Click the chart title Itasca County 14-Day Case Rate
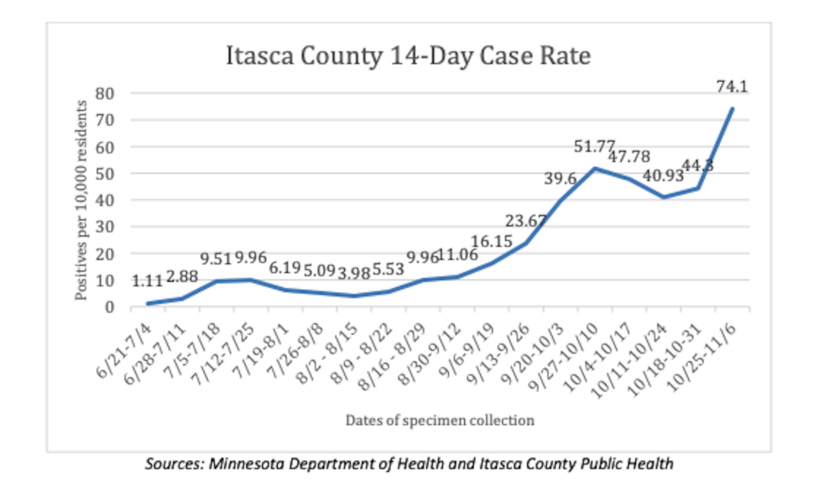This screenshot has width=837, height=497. [x=409, y=56]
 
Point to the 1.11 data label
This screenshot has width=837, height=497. [x=147, y=281]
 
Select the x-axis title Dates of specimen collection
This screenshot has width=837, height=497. [x=439, y=420]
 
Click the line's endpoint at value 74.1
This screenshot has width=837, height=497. [x=732, y=108]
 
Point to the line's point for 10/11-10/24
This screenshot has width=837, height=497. [x=665, y=197]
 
